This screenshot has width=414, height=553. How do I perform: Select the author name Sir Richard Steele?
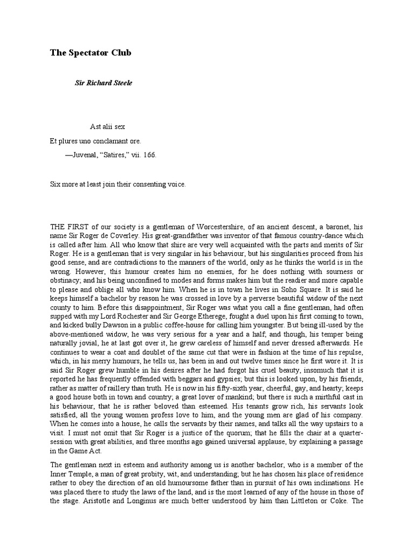[x=103, y=84]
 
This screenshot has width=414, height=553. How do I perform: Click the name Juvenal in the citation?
[x=85, y=154]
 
